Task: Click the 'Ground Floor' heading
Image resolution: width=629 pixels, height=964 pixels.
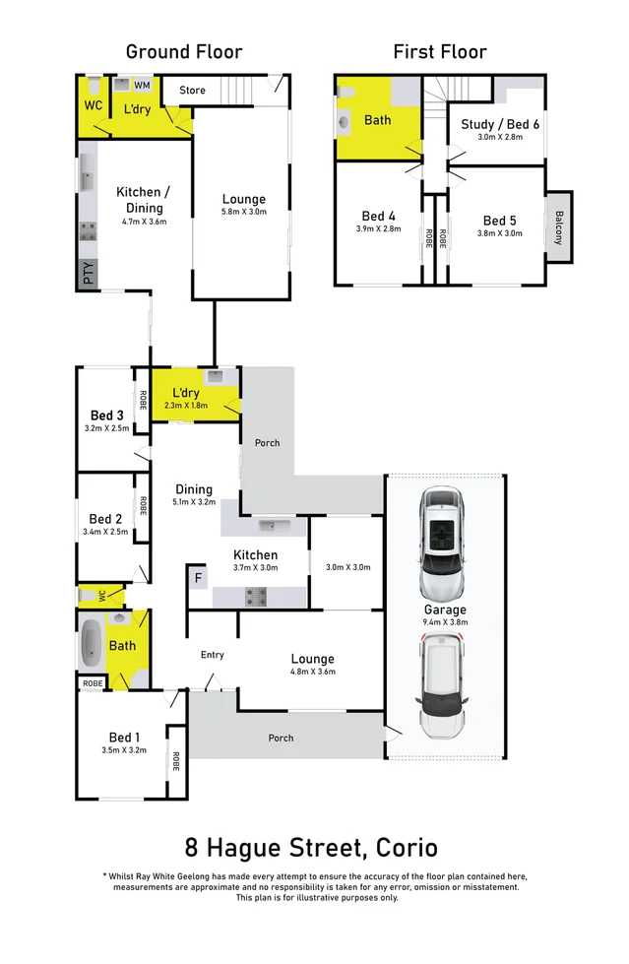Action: tap(183, 52)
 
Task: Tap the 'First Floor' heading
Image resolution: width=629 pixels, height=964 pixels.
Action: tap(439, 52)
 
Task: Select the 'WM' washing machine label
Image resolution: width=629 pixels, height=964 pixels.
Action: tap(142, 87)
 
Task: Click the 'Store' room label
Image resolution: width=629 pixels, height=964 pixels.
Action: tap(193, 91)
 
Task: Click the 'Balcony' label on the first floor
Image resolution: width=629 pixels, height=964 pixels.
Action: tap(559, 227)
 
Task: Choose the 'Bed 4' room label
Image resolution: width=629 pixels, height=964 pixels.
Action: tap(378, 217)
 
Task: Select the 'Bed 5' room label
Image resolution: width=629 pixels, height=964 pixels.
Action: tap(500, 221)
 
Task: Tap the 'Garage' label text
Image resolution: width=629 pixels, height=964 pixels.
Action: tap(445, 609)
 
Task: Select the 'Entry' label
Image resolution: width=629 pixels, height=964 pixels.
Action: tap(212, 655)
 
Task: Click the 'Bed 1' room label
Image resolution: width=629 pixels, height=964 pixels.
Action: tap(124, 738)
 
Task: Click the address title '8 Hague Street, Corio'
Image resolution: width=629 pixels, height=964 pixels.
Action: tap(312, 847)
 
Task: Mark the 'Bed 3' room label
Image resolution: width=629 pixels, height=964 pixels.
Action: tap(106, 415)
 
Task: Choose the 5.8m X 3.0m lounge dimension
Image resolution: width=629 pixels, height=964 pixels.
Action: tap(243, 212)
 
